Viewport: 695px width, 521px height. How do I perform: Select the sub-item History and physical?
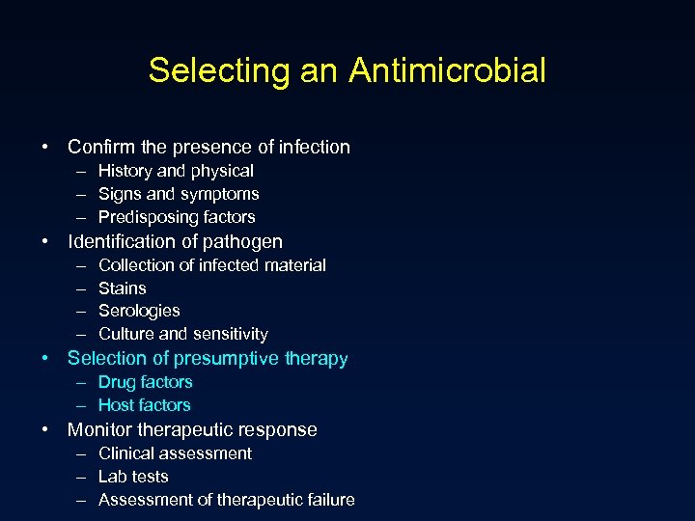(176, 171)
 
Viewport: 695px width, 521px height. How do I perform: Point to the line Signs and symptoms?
(179, 194)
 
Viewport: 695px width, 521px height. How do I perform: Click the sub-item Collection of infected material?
(212, 265)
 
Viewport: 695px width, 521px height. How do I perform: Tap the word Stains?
(123, 288)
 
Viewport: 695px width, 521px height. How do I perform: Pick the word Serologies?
(139, 311)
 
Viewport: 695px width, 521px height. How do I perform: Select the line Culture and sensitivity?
(183, 334)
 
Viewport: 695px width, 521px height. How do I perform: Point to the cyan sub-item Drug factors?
(146, 382)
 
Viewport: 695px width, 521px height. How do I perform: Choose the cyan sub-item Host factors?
(145, 405)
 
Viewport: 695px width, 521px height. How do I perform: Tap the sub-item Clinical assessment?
(175, 453)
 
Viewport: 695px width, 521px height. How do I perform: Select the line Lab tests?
(133, 477)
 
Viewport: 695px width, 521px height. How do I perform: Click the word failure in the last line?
(327, 500)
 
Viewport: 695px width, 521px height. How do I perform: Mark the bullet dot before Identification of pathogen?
(46, 242)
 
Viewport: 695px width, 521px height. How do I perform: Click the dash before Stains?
(78, 288)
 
